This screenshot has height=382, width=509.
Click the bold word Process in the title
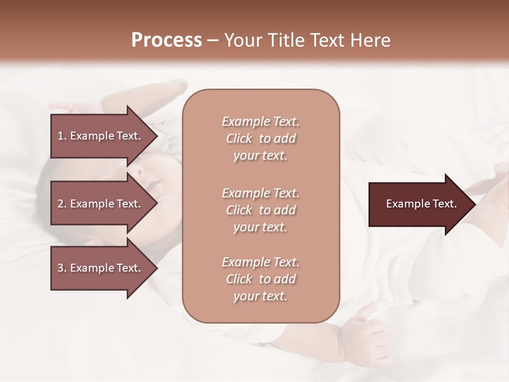(166, 40)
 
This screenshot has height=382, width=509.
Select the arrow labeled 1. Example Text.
(101, 136)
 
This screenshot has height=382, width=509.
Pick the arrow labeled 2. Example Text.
(101, 204)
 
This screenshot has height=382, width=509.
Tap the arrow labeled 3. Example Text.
(101, 268)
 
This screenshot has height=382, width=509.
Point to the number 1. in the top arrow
(62, 136)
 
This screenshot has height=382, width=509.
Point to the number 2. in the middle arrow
(62, 204)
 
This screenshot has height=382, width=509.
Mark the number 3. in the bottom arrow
(62, 268)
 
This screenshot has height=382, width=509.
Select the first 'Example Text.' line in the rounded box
(260, 121)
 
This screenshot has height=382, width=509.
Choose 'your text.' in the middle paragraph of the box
(260, 227)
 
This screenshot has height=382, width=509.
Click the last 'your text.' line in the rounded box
(260, 296)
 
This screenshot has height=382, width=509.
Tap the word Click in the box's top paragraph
(239, 138)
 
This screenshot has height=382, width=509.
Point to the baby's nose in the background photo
(138, 172)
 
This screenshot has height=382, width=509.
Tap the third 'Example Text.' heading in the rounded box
(260, 262)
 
